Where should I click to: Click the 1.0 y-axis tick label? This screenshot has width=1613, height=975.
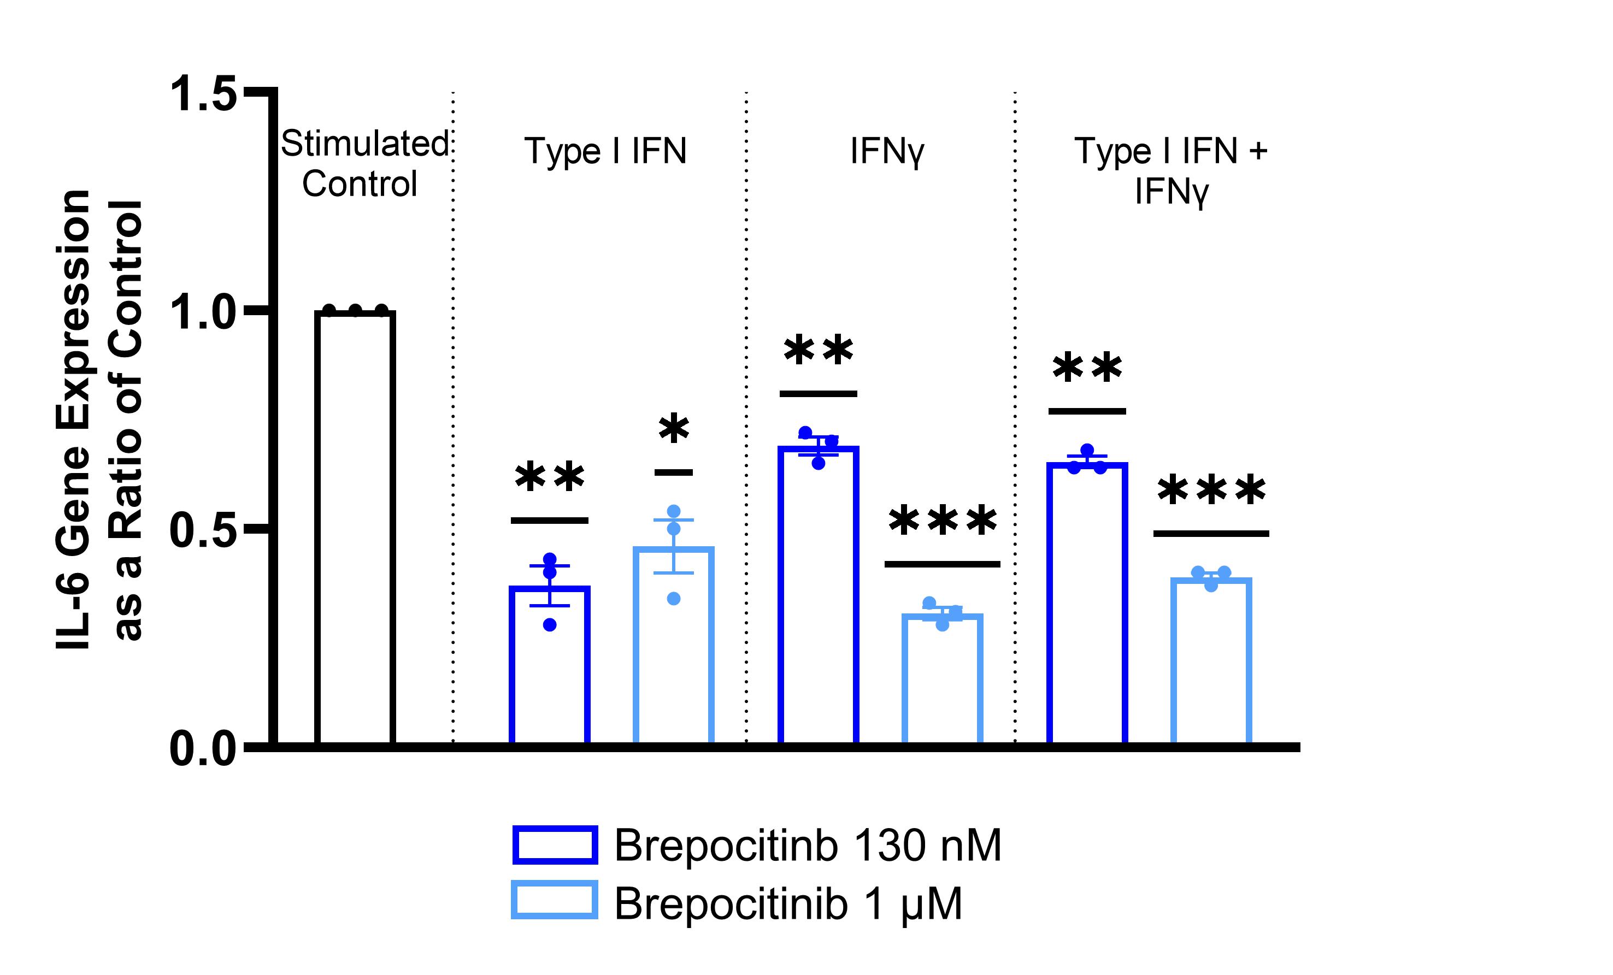click(203, 313)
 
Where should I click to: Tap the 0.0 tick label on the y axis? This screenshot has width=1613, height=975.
click(203, 749)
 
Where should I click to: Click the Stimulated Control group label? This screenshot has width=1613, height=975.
click(363, 163)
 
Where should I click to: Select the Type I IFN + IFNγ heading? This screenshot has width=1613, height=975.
click(1170, 170)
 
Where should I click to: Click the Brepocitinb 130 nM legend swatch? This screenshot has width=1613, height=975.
click(555, 845)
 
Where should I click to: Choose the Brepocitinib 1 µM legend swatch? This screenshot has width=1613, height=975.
click(555, 900)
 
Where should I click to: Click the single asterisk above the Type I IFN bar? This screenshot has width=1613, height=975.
click(674, 429)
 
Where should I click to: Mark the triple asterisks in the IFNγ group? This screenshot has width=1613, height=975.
click(943, 521)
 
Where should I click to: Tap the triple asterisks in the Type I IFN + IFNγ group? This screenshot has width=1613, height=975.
click(1211, 491)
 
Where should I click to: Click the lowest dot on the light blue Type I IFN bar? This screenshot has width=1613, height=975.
click(674, 598)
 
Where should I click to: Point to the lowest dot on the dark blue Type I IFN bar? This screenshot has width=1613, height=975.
click(550, 625)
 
